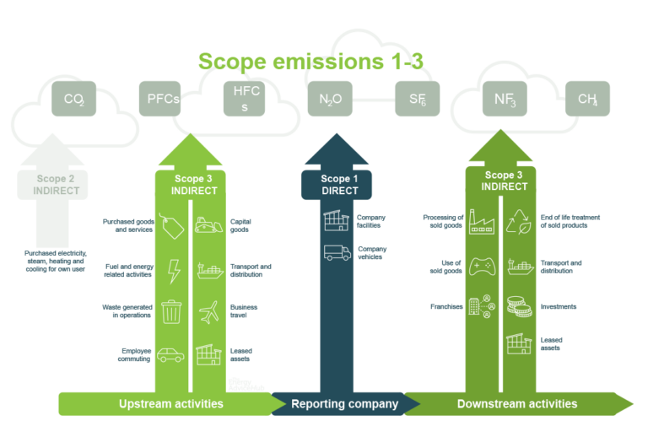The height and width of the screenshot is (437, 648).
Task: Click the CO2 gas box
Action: point(73,99)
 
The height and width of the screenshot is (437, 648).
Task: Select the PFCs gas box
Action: point(162,99)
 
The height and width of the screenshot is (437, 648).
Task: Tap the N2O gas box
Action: point(330,99)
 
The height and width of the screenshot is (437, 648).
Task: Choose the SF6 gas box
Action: point(417,99)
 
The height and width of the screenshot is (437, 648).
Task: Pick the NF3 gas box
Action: point(505,99)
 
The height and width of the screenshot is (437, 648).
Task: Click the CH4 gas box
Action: point(587,99)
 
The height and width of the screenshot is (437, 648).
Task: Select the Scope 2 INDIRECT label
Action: point(57,185)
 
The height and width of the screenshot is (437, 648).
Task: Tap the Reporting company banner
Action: point(344,404)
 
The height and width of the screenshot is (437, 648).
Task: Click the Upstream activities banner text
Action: point(171,404)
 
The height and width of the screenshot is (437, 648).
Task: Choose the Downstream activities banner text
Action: point(517,404)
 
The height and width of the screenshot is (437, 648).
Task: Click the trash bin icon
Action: point(172,311)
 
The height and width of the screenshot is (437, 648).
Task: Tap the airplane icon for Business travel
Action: point(208,311)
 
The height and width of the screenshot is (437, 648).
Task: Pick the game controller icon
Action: point(481,267)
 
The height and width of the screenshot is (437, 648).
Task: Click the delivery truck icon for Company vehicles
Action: point(337,252)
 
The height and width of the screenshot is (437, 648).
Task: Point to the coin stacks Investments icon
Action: point(517,306)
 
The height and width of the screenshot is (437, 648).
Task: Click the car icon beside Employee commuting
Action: point(170,355)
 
